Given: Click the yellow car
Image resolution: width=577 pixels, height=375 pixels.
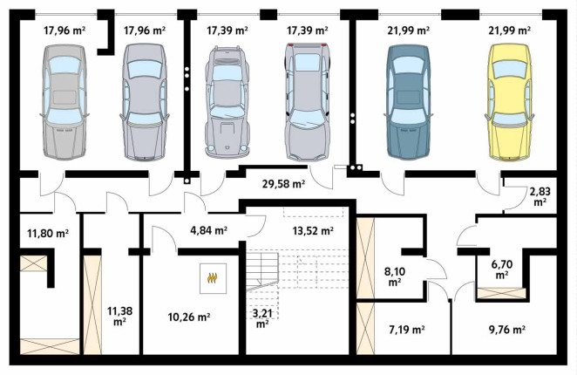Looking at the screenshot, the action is pos(509,102).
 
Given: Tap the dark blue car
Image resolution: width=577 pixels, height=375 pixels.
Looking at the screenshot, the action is pos(408,102).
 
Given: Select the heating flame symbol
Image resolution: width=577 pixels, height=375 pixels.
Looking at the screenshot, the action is pos(213,277).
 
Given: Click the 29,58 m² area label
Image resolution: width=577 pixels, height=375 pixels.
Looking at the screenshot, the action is pos(283,184).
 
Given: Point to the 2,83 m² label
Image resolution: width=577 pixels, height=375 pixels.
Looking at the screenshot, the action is pos(540,196).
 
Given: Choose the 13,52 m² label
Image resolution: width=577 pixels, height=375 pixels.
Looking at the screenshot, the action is pos(313,231).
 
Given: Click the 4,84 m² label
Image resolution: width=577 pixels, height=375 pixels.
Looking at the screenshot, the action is pos(208,231).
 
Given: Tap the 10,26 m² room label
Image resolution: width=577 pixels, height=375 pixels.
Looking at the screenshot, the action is pos(189,317).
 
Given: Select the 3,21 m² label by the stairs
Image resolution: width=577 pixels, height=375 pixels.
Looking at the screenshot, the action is pos(262,319).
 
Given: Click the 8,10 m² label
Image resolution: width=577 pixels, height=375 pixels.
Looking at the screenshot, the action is pos(395,277).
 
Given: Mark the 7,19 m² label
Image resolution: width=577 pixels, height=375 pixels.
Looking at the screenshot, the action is pos(407,330).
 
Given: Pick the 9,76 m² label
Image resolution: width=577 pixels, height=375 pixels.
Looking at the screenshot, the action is pos(506,330).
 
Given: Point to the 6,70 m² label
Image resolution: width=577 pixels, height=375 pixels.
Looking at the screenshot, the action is pos(502,269).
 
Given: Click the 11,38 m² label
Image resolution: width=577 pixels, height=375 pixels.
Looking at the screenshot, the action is pos(120,317).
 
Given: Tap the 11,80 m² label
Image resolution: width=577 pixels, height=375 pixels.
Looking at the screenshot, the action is pos(48,233).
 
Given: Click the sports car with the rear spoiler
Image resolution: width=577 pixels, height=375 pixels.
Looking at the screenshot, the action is pos(227,102).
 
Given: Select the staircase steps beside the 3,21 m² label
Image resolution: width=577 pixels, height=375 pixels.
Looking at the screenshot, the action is pos(262,270).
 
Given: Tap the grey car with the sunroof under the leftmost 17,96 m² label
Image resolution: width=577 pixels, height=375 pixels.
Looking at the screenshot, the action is pos(64,102).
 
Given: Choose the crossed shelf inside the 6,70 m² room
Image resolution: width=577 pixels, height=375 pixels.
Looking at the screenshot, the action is pos(501,293).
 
